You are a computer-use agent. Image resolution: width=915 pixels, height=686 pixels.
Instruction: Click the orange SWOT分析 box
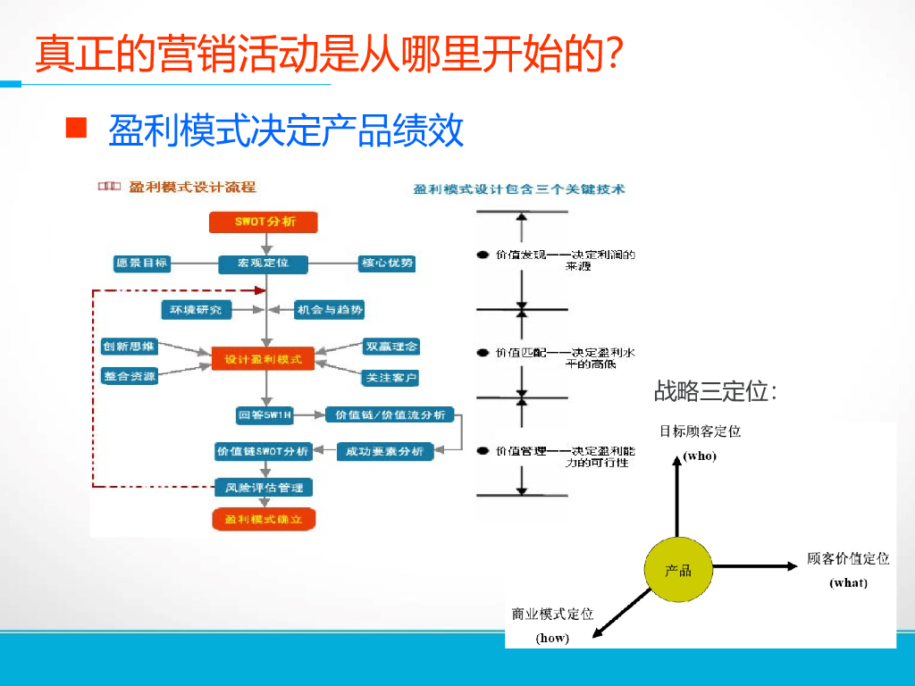[264, 222]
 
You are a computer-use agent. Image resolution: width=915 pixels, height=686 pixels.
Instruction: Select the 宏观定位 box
[264, 264]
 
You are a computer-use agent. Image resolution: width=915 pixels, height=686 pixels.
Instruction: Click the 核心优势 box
[387, 264]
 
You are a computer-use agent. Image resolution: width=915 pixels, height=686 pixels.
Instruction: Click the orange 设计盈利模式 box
[263, 360]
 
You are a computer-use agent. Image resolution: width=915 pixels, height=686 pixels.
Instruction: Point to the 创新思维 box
[129, 346]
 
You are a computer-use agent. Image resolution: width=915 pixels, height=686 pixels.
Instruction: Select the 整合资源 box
[129, 376]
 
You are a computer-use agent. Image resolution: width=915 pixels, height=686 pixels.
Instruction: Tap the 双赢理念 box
[391, 346]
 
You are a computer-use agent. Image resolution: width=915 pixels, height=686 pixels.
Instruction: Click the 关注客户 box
[390, 378]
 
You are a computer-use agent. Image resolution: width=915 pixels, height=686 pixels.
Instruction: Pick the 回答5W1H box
[265, 415]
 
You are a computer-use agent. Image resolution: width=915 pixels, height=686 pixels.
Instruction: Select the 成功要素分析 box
[385, 452]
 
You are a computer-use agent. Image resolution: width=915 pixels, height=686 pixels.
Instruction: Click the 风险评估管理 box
[264, 488]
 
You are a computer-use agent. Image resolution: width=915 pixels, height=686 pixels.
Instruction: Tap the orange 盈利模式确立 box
[264, 519]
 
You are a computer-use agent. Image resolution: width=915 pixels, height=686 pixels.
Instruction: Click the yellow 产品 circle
[678, 570]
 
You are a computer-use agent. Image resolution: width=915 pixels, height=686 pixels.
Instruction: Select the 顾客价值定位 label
[848, 558]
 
